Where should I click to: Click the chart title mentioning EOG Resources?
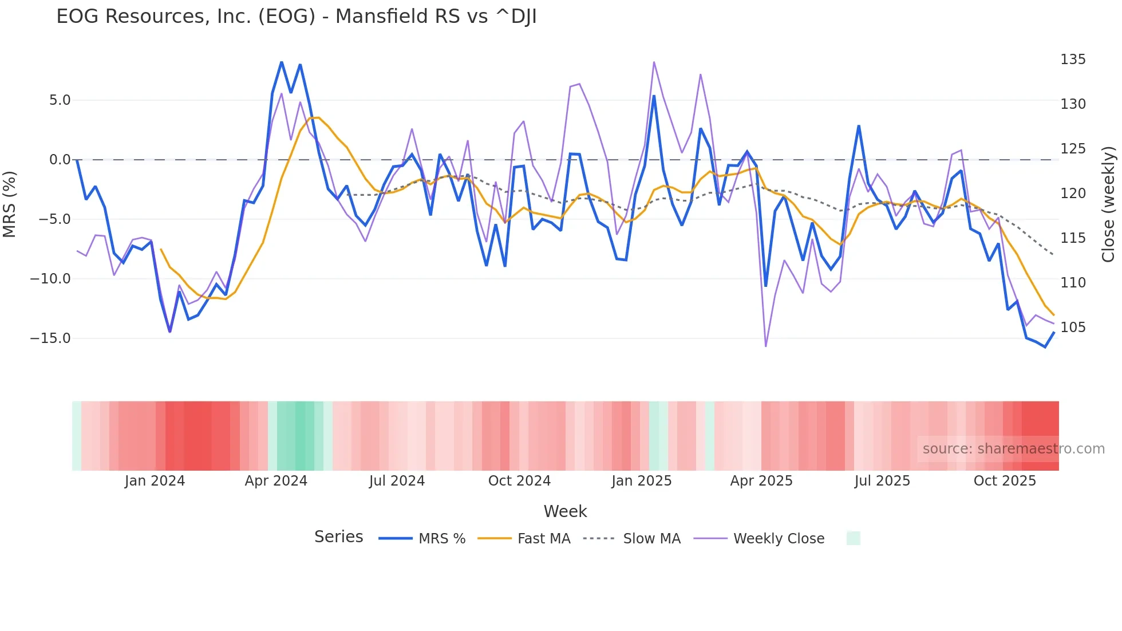(296, 17)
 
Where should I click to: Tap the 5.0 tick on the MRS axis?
(60, 100)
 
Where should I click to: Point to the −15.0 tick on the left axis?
(50, 338)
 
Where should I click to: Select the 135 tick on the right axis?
(1073, 60)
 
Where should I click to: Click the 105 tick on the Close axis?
(1073, 328)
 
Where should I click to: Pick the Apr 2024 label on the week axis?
(276, 481)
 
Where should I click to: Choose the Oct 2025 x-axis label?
(1005, 481)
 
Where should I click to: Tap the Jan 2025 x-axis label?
(641, 481)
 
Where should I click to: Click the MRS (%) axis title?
(10, 204)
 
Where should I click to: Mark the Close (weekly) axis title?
(1108, 204)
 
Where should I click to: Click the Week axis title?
(565, 511)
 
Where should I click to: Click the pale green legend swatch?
(853, 538)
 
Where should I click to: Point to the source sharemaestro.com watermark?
(1013, 449)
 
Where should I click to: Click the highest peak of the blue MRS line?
(282, 62)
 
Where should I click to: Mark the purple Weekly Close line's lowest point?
(766, 346)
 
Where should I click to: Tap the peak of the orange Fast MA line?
(314, 117)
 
